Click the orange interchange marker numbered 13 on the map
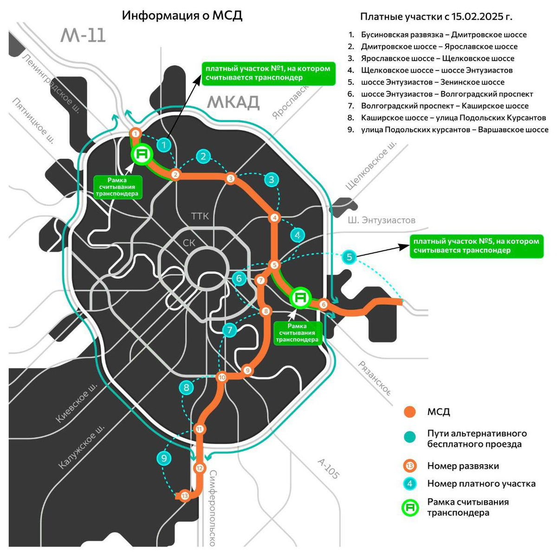(185, 496)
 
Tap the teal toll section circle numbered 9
(164, 459)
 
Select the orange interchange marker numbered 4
(274, 218)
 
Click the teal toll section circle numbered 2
(203, 156)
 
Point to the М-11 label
(83, 36)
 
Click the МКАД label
(233, 102)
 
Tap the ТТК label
(200, 216)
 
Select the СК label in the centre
(189, 243)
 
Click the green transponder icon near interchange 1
(142, 154)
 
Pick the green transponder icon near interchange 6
(300, 298)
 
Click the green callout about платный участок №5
(476, 246)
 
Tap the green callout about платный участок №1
(268, 73)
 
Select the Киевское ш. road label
(77, 403)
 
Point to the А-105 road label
(328, 469)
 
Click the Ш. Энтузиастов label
(382, 220)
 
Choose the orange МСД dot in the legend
(409, 412)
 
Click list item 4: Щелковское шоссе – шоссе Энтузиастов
(436, 71)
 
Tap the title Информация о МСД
(182, 16)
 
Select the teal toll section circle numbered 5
(350, 257)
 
